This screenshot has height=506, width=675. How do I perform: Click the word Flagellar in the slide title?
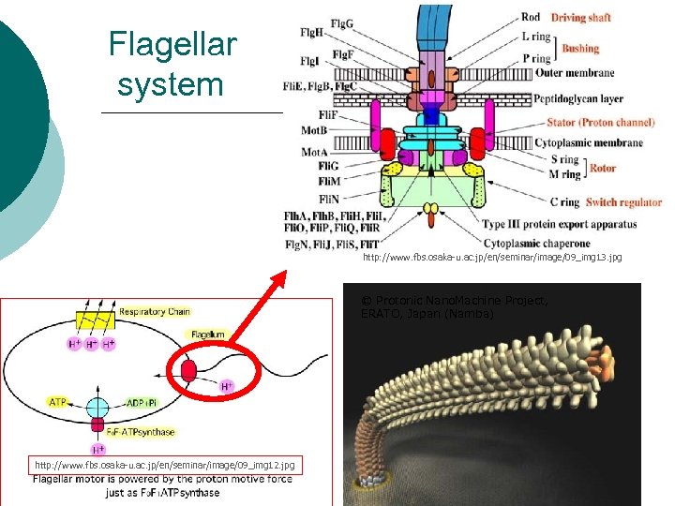click(x=172, y=43)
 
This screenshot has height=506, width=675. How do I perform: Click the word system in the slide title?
click(x=171, y=84)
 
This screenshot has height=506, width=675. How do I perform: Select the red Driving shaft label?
click(x=580, y=17)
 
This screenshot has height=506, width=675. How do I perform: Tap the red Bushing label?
click(x=580, y=48)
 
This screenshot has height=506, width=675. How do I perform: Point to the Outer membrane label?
click(x=575, y=73)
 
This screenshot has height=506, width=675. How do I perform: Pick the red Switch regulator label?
click(x=623, y=201)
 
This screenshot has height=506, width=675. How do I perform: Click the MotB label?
click(x=314, y=131)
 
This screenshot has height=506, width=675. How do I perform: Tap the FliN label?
click(x=303, y=200)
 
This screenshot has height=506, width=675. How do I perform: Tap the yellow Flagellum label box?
click(x=207, y=334)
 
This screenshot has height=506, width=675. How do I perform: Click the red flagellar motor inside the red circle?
click(x=188, y=370)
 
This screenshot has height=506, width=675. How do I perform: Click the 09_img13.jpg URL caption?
click(x=491, y=257)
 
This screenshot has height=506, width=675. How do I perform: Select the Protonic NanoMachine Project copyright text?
click(x=455, y=306)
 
